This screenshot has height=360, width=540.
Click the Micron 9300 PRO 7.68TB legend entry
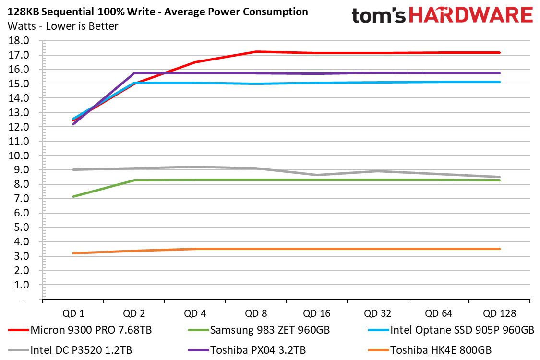80,330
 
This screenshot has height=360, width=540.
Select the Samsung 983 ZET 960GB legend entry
259,330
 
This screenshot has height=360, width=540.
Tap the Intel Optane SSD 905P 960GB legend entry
451,330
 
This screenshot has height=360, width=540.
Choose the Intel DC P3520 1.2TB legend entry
70,350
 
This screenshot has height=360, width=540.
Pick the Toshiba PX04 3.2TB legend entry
247,350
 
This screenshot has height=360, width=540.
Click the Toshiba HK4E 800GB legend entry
430,350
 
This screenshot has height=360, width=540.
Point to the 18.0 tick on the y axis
19,41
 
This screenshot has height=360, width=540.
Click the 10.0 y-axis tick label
19,156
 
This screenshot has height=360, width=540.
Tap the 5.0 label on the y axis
21,228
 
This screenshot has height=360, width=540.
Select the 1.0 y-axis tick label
21,285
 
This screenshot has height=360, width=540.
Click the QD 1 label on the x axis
73,313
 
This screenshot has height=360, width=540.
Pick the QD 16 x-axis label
316,313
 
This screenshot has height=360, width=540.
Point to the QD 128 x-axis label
499,313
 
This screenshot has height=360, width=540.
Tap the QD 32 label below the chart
377,313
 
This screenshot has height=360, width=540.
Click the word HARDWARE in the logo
471,15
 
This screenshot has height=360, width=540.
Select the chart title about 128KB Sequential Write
158,12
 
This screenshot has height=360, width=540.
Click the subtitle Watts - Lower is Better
63,26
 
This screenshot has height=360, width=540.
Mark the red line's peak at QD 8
256,52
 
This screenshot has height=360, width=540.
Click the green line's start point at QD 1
73,197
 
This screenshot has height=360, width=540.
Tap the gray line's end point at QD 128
499,177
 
